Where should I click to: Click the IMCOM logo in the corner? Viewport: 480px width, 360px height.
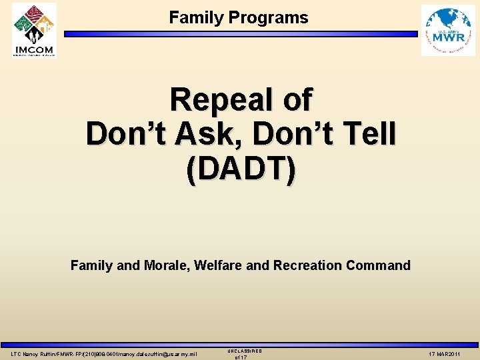[x=34, y=29]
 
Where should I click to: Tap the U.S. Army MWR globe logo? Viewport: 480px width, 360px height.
[x=448, y=30]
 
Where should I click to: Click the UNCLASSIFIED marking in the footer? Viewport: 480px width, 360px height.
[x=245, y=351]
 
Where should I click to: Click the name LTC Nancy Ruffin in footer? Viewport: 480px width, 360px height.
[x=33, y=353]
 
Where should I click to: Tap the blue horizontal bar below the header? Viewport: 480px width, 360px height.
[x=240, y=33]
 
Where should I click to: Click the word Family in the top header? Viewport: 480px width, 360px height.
[x=197, y=18]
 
